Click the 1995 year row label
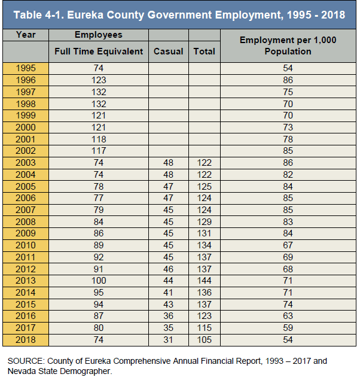(x=26, y=68)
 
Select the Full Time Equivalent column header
(x=99, y=51)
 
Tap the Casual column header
(x=168, y=51)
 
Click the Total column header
(x=205, y=51)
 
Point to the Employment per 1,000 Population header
(x=288, y=45)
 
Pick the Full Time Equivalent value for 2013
(x=99, y=281)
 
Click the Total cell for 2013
(x=205, y=281)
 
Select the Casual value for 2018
(x=168, y=340)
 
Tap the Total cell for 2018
(x=205, y=340)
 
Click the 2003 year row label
(x=26, y=163)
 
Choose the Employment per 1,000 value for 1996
(x=288, y=80)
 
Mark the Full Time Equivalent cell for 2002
(x=99, y=151)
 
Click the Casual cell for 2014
(x=168, y=293)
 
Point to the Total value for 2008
(x=205, y=221)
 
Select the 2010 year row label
(x=26, y=245)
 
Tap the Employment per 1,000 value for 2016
(x=288, y=316)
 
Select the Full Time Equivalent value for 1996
(x=99, y=80)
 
